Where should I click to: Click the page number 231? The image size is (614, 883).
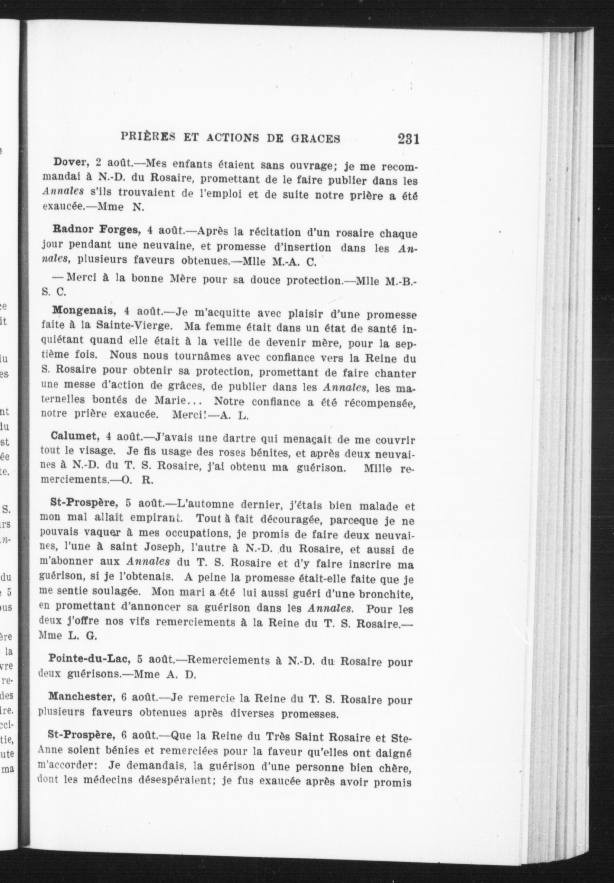tap(408, 138)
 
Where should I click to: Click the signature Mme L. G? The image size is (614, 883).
tap(67, 636)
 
